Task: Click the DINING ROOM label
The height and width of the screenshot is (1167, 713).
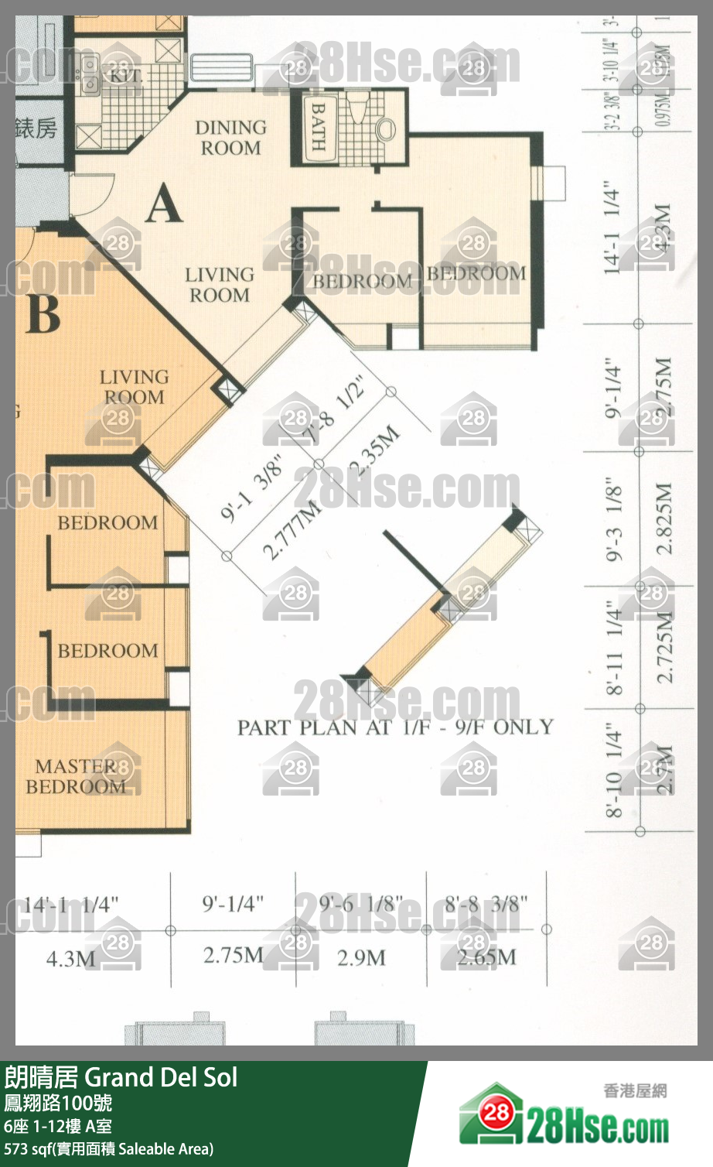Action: [230, 138]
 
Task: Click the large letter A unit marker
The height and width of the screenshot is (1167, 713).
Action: [164, 205]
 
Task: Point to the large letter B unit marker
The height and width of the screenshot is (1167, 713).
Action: [43, 313]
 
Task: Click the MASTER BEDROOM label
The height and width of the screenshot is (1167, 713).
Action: [76, 776]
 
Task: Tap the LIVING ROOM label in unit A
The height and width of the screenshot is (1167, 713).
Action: [220, 285]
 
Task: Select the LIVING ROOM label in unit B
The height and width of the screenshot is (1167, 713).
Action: [134, 387]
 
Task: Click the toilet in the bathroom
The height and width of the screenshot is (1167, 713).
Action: [384, 126]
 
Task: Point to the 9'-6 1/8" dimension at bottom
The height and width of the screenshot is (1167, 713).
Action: [360, 904]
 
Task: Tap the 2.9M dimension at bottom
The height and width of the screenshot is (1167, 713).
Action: [361, 958]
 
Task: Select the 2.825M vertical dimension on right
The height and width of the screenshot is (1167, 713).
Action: [664, 518]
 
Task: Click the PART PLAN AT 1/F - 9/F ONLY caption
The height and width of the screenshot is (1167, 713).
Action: [395, 727]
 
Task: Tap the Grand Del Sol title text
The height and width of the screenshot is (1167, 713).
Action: [161, 1077]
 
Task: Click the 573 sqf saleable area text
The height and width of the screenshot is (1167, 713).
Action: [108, 1149]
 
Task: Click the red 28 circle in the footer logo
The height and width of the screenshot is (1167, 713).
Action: [497, 1113]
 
